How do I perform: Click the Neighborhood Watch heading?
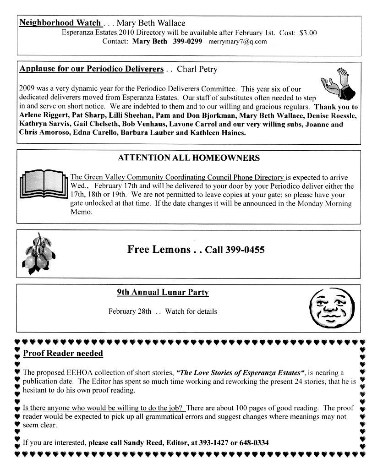60,23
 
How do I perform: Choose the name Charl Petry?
197,70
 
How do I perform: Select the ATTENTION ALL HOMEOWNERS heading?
189,158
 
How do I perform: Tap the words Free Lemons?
159,249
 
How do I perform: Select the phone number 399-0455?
242,250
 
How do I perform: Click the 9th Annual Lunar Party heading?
163,292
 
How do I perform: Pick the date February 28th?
130,311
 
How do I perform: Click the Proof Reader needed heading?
63,353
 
